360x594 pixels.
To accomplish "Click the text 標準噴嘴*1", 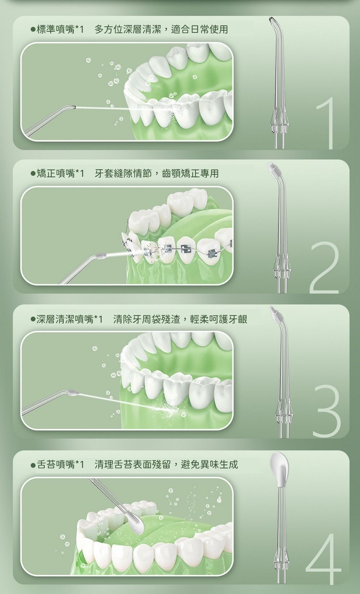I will (x=60, y=30).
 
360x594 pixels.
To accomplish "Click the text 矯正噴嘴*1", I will (x=60, y=174).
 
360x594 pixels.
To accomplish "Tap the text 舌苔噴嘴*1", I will (x=60, y=465).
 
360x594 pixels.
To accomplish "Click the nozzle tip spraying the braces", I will (x=101, y=255).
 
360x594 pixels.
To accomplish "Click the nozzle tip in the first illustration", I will (x=72, y=107).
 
